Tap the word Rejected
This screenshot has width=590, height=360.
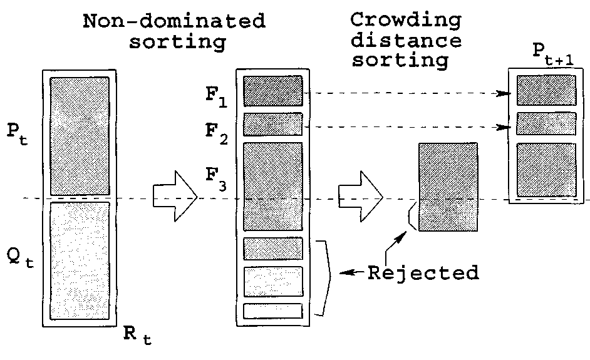(423, 273)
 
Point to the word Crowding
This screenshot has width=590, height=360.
(406, 19)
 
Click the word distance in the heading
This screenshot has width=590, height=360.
(406, 41)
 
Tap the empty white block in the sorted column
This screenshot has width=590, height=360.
(273, 311)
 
